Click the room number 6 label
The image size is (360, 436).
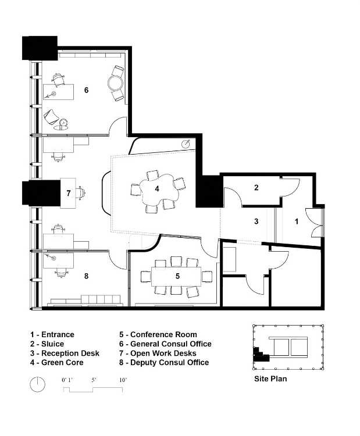tap(86, 90)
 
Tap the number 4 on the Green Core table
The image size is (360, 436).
tap(157, 189)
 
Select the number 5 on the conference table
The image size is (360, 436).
tap(177, 276)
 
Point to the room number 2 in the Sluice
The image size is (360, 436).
tap(256, 187)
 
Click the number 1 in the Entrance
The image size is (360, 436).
tap(297, 221)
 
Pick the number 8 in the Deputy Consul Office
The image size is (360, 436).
tap(86, 276)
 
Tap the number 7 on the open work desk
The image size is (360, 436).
tap(69, 193)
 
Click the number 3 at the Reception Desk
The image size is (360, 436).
tap(256, 221)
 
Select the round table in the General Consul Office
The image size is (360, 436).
tap(115, 83)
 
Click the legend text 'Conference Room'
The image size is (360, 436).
tap(163, 334)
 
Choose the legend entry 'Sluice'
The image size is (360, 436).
tap(52, 344)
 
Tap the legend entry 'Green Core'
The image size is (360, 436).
tap(62, 363)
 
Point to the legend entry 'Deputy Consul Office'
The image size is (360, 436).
tap(169, 363)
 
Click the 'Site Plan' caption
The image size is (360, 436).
tap(270, 378)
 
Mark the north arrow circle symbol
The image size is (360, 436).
tap(37, 385)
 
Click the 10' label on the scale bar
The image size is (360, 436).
tap(123, 380)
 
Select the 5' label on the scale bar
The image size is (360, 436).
tap(94, 380)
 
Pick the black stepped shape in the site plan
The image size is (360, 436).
tap(259, 355)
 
